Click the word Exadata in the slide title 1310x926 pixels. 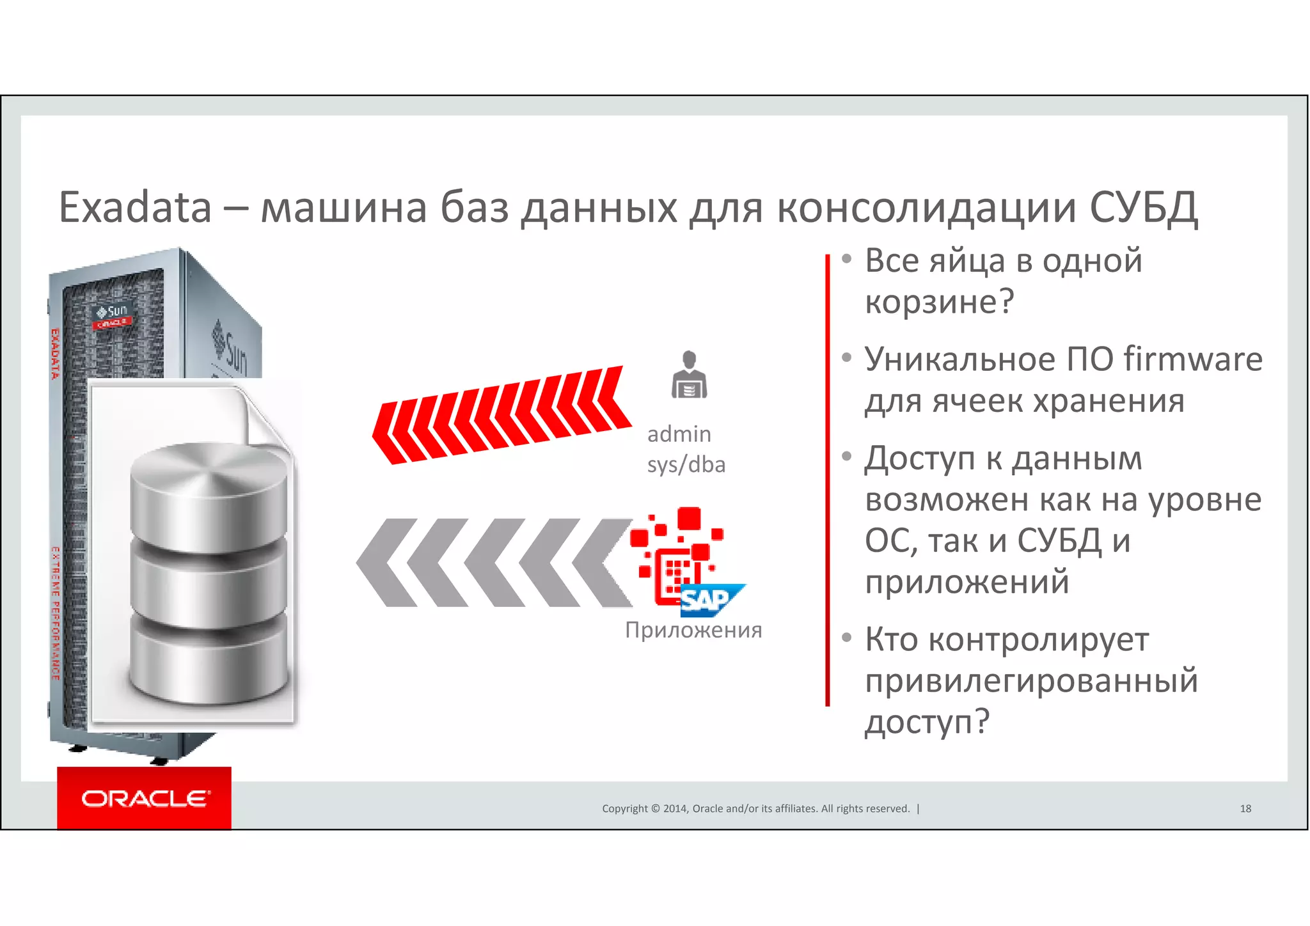coord(135,208)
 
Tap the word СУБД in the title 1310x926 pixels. coord(1143,208)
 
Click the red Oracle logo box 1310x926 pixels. coord(144,798)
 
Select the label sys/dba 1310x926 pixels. coord(686,464)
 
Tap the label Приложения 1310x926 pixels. coord(693,630)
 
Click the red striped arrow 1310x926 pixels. coord(502,416)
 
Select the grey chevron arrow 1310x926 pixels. coord(493,563)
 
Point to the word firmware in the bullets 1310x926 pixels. coord(1193,359)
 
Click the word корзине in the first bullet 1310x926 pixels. coord(939,302)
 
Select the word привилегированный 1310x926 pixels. coord(1031,680)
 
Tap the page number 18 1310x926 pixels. coord(1245,808)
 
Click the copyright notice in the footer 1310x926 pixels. coord(755,808)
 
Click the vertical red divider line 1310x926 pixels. coord(827,480)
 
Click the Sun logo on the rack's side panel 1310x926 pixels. coord(230,349)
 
